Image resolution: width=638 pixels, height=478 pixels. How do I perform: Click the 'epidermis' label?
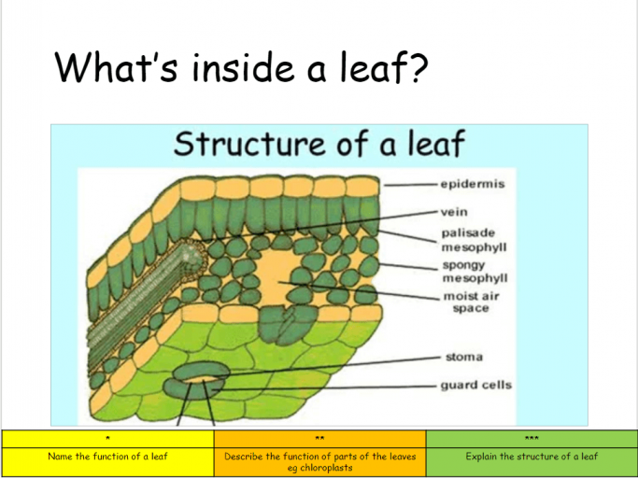473,184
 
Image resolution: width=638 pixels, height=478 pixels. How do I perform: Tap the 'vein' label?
454,212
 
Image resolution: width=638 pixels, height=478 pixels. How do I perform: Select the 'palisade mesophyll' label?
474,240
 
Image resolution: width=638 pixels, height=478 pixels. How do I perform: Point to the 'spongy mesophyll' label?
475,272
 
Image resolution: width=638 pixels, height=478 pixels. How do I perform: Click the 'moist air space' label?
471,302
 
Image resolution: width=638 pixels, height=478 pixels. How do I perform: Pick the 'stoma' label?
464,358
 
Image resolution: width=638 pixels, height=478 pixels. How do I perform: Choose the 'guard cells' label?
476,385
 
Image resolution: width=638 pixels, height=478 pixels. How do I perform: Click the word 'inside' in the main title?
243,67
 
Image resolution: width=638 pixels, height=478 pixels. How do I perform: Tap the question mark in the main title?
417,66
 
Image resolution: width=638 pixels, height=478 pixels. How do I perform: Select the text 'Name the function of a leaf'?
107,456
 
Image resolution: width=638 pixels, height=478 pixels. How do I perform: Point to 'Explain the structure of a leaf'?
532,456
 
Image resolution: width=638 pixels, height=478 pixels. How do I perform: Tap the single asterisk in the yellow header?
107,439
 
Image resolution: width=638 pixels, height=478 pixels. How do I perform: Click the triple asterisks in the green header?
532,439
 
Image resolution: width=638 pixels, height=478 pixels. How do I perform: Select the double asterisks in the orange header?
319,439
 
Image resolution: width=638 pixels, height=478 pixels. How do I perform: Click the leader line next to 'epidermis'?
411,185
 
